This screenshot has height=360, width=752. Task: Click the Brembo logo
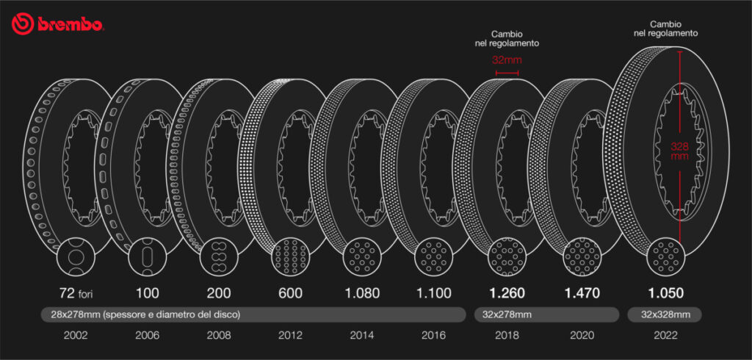pyautogui.click(x=57, y=24)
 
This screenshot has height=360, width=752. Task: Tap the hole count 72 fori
pyautogui.click(x=76, y=292)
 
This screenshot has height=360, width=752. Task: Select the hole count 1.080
pyautogui.click(x=363, y=292)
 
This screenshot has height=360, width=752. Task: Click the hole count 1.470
pyautogui.click(x=582, y=292)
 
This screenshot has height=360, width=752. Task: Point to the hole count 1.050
pyautogui.click(x=665, y=292)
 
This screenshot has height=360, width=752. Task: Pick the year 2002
pyautogui.click(x=76, y=336)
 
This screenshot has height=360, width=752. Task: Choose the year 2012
pyautogui.click(x=291, y=336)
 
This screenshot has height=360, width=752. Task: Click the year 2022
pyautogui.click(x=665, y=336)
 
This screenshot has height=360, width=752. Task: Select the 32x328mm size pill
pyautogui.click(x=665, y=314)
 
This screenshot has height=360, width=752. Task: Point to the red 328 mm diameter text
pyautogui.click(x=680, y=150)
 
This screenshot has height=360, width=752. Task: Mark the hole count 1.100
pyautogui.click(x=435, y=292)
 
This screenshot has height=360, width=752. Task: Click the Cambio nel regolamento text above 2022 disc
pyautogui.click(x=665, y=28)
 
